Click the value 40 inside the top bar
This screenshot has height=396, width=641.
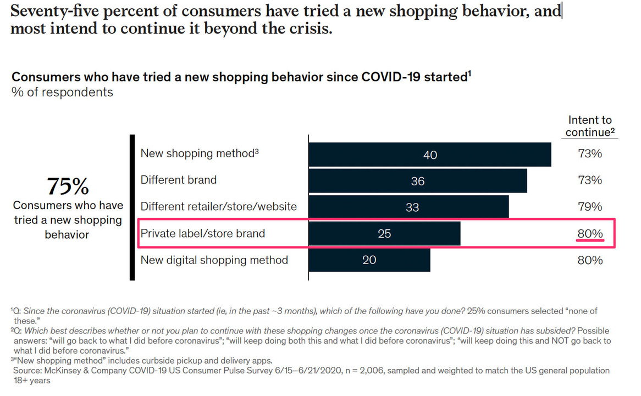point(430,155)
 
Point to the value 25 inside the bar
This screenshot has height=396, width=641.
point(384,234)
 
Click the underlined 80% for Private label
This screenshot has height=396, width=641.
point(590,234)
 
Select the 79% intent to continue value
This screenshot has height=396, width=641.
point(590,207)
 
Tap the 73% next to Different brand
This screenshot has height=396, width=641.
point(590,180)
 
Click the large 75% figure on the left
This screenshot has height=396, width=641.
point(67,186)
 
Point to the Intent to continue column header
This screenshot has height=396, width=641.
point(590,126)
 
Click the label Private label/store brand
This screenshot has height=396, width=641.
point(202,233)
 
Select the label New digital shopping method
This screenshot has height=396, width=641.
point(214,260)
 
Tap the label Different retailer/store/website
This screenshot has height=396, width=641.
point(218,207)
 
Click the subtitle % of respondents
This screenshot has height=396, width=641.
point(62,92)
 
